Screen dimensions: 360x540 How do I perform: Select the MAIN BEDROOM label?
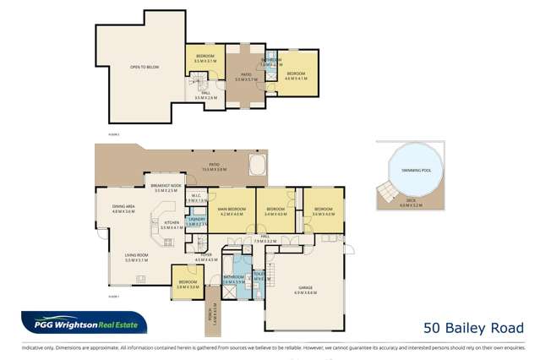pos(231,210)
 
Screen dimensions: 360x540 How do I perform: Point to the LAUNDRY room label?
pos(196,222)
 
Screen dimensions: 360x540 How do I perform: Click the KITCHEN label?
pos(172,225)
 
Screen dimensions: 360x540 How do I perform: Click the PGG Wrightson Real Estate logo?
pos(85,325)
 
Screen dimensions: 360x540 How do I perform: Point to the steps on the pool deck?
pos(387,193)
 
